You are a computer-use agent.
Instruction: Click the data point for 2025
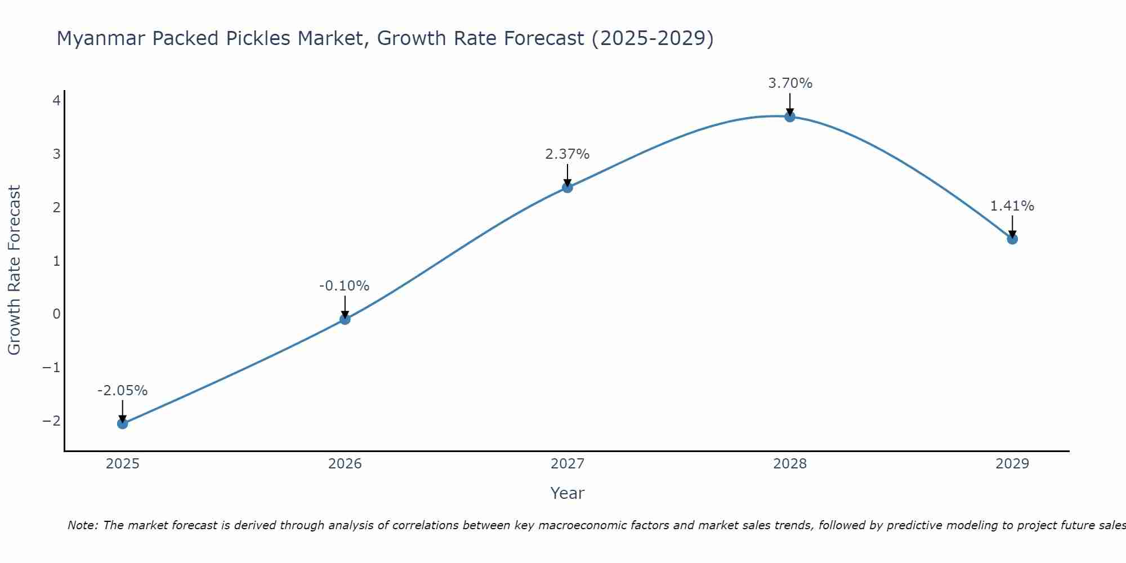(x=123, y=423)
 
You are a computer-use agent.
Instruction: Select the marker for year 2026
(x=345, y=319)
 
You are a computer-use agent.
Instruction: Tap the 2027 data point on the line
(x=568, y=187)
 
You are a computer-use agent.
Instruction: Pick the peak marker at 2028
(x=790, y=117)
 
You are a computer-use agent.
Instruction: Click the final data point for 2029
(x=1012, y=239)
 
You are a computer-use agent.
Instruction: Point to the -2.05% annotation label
(x=123, y=391)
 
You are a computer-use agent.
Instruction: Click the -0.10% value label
(x=345, y=286)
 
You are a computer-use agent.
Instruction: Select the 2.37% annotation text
(x=568, y=154)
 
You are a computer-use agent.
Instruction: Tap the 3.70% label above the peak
(x=790, y=83)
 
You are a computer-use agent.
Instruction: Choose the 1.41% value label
(x=1012, y=206)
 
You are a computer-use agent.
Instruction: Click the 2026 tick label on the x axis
(x=345, y=464)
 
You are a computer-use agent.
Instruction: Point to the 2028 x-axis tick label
(x=790, y=464)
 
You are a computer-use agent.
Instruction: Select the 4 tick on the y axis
(x=56, y=101)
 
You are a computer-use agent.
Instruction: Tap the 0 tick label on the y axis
(x=56, y=314)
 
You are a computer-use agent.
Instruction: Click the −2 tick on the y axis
(x=52, y=421)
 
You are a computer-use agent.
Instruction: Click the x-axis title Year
(x=568, y=493)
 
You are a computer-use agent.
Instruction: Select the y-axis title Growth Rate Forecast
(x=15, y=270)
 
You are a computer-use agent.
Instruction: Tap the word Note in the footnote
(x=82, y=525)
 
